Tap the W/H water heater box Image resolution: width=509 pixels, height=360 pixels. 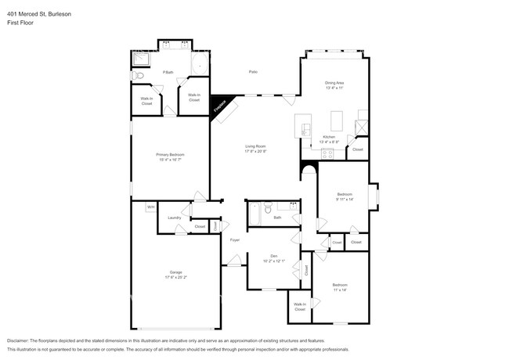coord(150,207)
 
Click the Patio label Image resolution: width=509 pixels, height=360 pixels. coord(253,72)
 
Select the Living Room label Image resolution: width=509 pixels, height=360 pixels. coord(255,146)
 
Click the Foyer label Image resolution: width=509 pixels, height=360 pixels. coord(234,239)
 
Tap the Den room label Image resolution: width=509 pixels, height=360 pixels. coord(273,256)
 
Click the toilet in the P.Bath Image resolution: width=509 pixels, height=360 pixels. coord(136,76)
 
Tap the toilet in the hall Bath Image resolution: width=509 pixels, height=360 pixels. coord(268,210)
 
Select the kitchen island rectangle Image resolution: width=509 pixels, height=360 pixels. coord(338,121)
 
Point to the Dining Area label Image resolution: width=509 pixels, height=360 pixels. coord(334,83)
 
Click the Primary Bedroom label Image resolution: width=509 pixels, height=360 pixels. coord(171,155)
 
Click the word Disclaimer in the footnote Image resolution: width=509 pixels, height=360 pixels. coord(20,341)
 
